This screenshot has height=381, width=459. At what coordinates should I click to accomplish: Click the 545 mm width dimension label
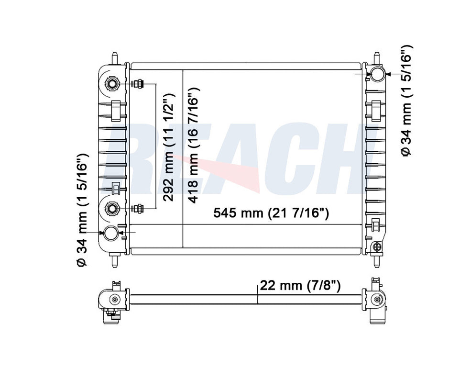pos(271,213)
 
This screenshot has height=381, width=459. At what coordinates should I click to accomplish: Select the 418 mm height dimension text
pos(193,146)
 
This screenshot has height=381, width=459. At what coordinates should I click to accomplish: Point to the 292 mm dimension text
pos(169,147)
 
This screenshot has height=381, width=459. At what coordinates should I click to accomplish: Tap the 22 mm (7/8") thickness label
pos(300,285)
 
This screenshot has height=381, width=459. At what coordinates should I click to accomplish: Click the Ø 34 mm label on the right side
pos(406,101)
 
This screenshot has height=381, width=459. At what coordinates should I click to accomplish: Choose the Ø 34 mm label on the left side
pos(82,210)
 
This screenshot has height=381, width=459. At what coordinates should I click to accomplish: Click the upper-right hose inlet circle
pos(377,74)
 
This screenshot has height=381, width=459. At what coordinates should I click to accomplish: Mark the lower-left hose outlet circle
pos(111,233)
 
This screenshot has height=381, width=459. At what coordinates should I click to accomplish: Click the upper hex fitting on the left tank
pos(112,84)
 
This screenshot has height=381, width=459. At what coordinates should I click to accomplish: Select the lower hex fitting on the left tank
pos(111,208)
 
